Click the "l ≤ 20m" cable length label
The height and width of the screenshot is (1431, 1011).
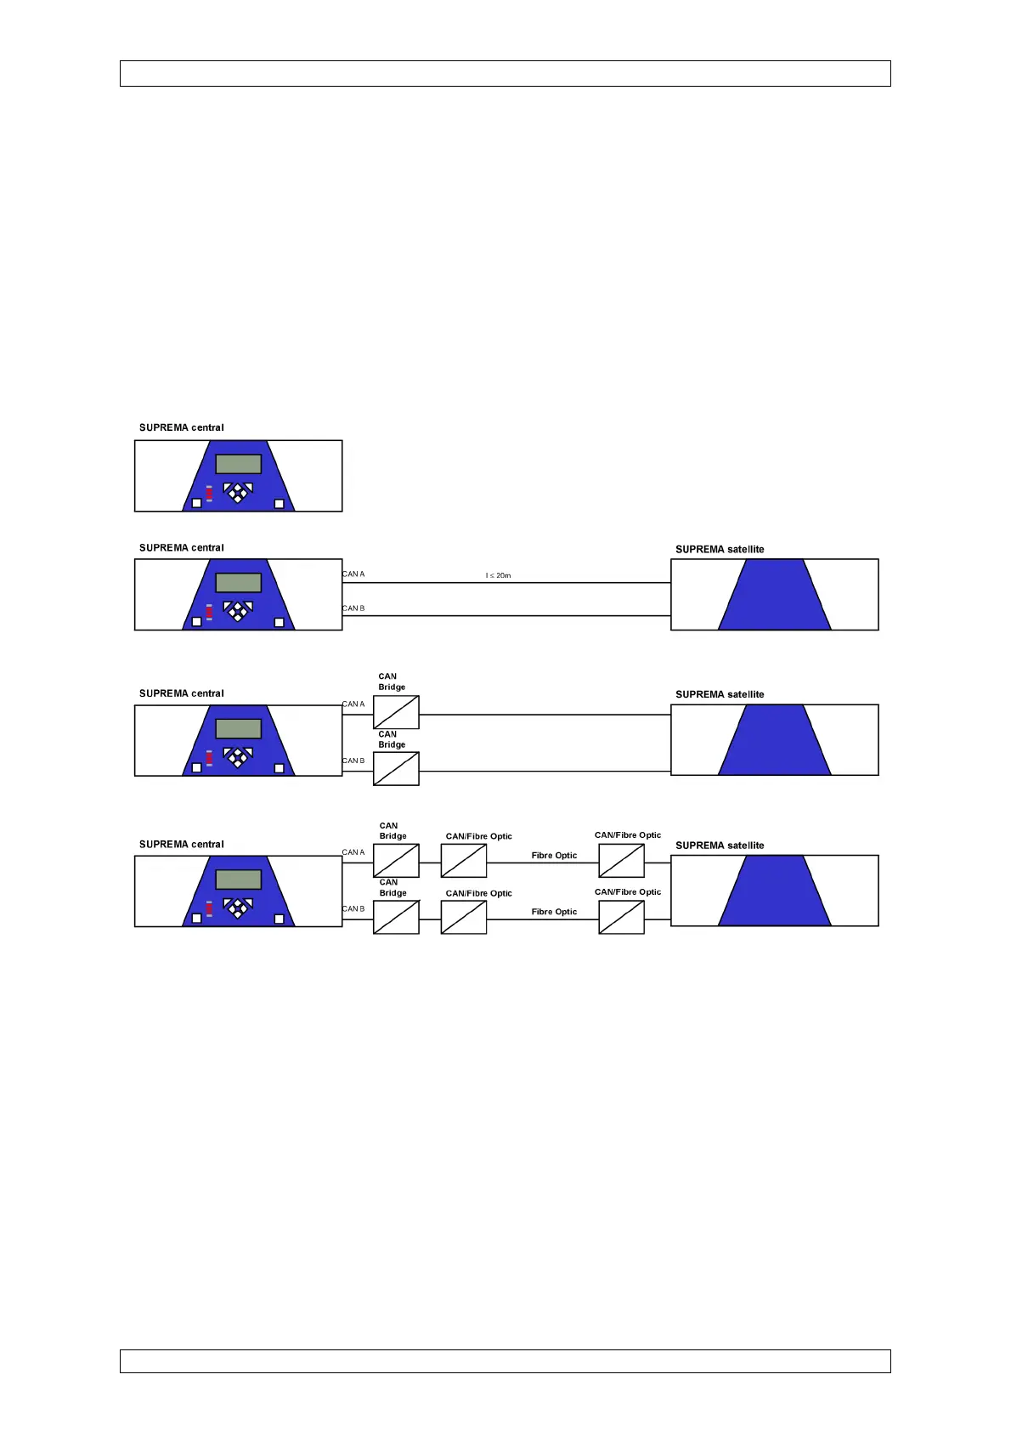[x=498, y=575]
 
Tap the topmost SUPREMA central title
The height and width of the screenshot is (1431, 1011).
[x=181, y=427]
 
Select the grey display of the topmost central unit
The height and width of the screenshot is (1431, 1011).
[x=238, y=464]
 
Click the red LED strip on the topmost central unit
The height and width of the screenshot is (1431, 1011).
[x=209, y=494]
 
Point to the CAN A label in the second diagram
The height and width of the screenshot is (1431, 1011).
[x=353, y=574]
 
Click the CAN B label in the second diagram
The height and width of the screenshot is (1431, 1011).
[x=353, y=608]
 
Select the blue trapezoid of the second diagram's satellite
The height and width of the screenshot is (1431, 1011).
[x=774, y=595]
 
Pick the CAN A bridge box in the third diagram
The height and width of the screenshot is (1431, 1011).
[x=396, y=712]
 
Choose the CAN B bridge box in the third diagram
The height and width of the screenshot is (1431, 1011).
[x=396, y=769]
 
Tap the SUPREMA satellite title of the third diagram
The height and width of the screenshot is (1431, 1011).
[x=720, y=694]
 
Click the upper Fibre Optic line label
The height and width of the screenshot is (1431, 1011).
[x=554, y=856]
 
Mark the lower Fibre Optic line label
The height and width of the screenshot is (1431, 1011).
[x=554, y=912]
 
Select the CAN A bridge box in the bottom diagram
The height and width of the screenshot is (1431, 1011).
[x=396, y=861]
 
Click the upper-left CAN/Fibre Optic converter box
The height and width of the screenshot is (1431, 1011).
[x=464, y=861]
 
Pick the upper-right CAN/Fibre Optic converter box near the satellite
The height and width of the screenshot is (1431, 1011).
[x=621, y=861]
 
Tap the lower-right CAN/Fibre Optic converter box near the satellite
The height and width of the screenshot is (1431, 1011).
[x=621, y=918]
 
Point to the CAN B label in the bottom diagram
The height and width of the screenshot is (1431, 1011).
[x=353, y=909]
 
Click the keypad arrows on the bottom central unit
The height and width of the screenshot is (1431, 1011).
[x=238, y=906]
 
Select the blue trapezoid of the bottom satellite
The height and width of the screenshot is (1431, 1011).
[x=774, y=891]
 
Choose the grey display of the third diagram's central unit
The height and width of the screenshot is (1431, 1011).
[x=238, y=728]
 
